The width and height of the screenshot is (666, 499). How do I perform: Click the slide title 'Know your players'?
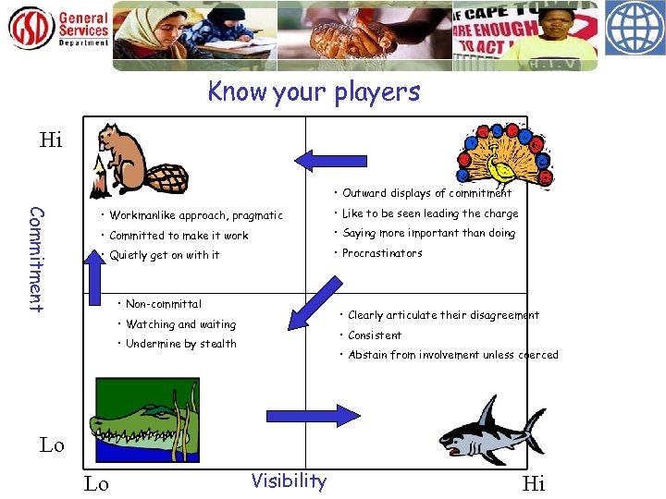tap(314, 92)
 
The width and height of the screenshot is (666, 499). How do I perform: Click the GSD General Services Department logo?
tap(59, 30)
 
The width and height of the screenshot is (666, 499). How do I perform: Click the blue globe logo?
tap(635, 30)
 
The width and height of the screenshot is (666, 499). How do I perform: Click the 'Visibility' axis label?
tap(289, 481)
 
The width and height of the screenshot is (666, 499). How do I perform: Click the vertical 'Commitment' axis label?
tap(36, 259)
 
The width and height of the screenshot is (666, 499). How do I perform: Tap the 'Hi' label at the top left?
tap(51, 140)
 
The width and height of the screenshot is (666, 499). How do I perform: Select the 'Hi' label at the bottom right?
tap(534, 482)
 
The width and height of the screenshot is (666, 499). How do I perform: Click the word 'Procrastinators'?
tap(381, 253)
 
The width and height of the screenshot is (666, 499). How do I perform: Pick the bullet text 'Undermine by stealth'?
tap(180, 344)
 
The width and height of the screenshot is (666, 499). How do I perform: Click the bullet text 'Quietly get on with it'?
tap(164, 255)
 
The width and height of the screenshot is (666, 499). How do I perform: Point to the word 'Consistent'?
tap(375, 335)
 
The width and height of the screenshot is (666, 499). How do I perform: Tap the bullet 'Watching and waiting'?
tap(180, 324)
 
